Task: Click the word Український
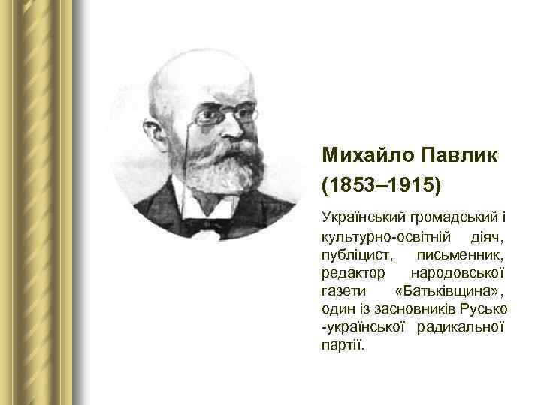tap(363, 218)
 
